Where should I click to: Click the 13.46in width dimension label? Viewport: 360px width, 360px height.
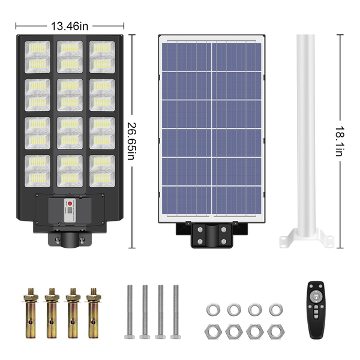pyautogui.click(x=70, y=26)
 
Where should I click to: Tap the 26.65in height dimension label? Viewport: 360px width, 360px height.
pyautogui.click(x=132, y=141)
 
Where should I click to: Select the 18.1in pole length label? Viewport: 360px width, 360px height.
pyautogui.click(x=340, y=141)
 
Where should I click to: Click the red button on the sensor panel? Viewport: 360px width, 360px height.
pyautogui.click(x=70, y=203)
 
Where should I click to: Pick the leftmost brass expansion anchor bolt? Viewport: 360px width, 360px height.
pyautogui.click(x=31, y=313)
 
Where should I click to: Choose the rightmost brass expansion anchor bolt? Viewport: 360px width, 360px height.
pyautogui.click(x=94, y=313)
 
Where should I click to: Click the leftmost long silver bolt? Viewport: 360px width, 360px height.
pyautogui.click(x=130, y=312)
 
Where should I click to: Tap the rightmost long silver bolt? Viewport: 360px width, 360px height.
pyautogui.click(x=176, y=312)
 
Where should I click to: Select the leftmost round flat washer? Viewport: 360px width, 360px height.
pyautogui.click(x=213, y=310)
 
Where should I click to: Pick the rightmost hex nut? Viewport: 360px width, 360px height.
pyautogui.click(x=276, y=332)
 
